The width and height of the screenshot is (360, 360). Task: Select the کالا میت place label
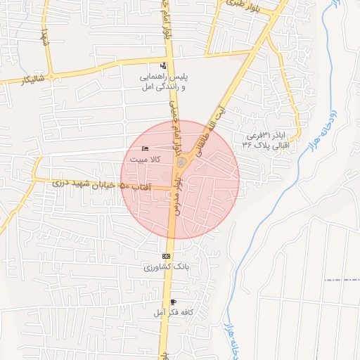146,160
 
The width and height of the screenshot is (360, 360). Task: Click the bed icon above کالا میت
145,148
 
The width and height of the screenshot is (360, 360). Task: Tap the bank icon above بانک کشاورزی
166,256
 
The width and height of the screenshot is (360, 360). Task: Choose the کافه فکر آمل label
166,311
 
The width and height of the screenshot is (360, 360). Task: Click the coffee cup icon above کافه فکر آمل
173,302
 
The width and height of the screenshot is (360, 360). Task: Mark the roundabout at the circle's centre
182,163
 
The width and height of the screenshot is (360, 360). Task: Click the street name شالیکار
20,80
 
